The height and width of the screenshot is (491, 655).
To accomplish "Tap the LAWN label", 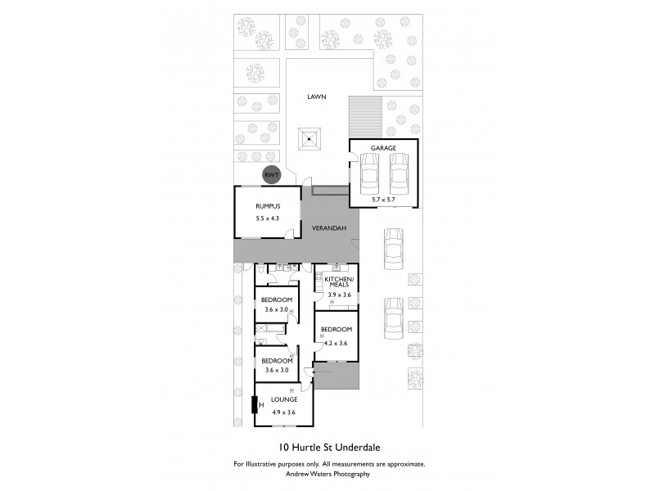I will click(316, 97).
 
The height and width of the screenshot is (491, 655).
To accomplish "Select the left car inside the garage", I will click(370, 173).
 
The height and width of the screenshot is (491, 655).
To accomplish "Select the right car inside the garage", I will click(399, 173).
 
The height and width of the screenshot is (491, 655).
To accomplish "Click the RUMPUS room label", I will click(268, 206).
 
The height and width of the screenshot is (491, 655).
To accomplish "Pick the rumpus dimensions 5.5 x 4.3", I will click(268, 219).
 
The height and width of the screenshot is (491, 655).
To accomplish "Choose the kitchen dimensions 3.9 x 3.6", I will click(339, 295).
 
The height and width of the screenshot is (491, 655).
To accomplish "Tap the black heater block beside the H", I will click(254, 404).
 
